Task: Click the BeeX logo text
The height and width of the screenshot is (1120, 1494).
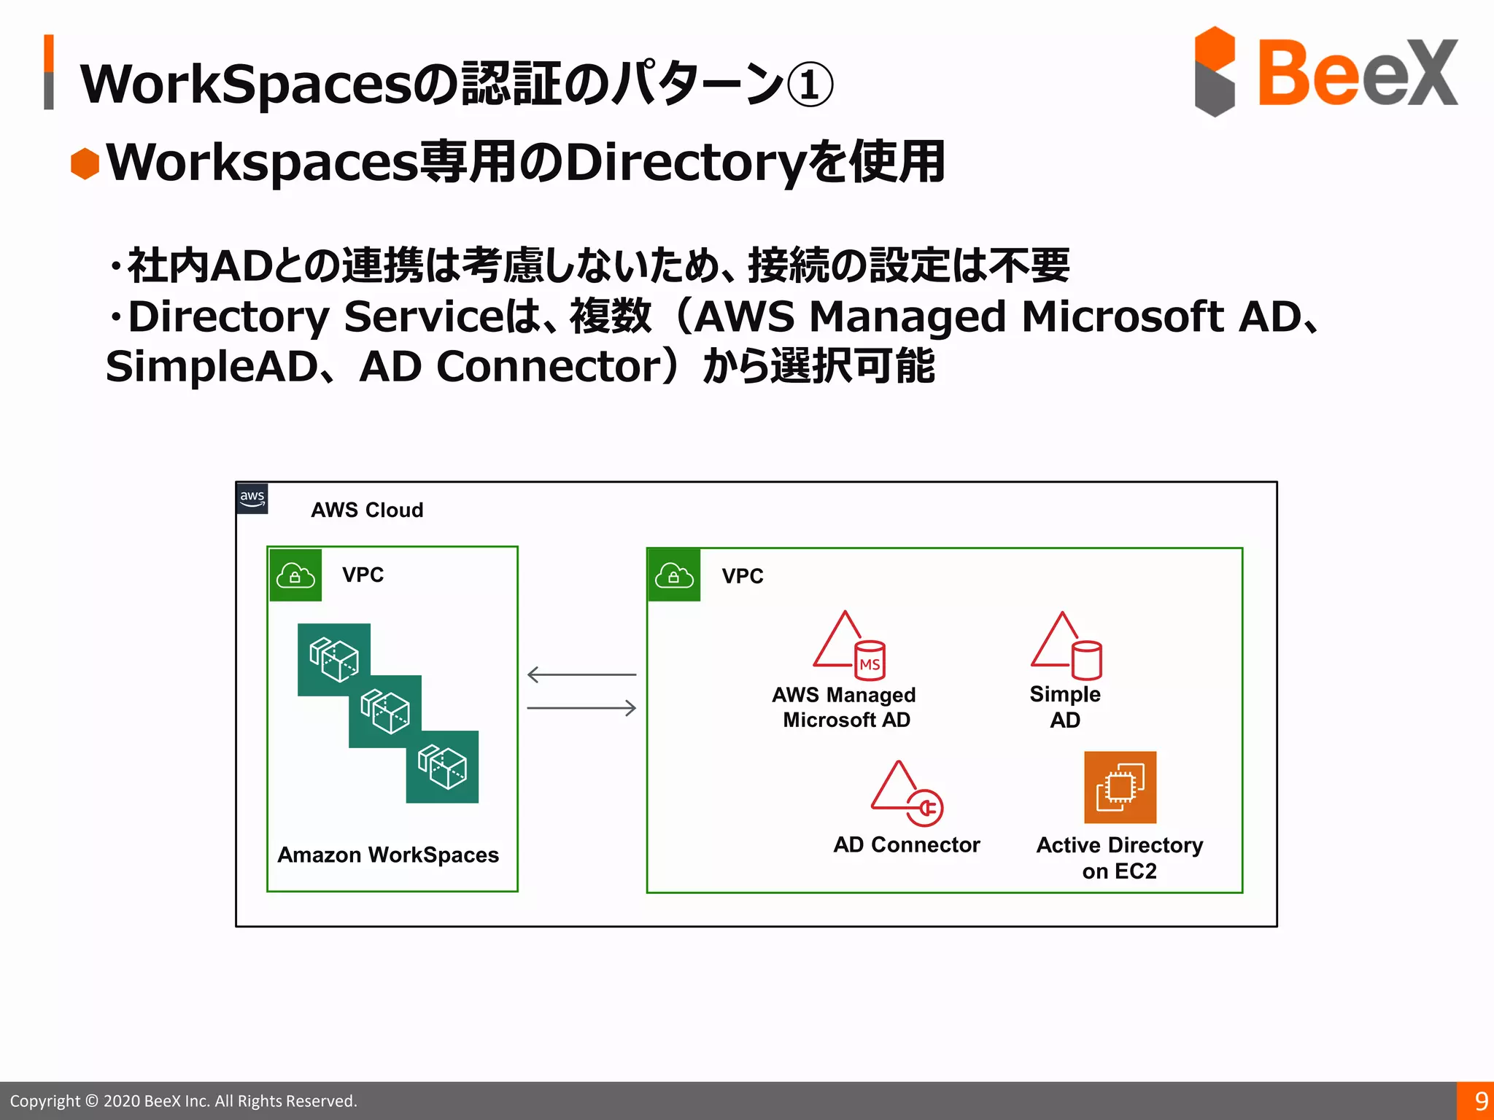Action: pyautogui.click(x=1357, y=73)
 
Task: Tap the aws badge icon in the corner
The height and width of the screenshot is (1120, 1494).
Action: pyautogui.click(x=252, y=499)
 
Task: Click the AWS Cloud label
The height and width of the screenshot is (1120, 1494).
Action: pyautogui.click(x=367, y=510)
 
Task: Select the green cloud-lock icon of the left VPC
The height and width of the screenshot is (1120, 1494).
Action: pyautogui.click(x=295, y=575)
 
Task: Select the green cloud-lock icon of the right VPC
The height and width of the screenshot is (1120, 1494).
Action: pyautogui.click(x=674, y=575)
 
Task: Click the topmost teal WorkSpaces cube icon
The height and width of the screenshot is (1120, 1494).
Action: pyautogui.click(x=334, y=659)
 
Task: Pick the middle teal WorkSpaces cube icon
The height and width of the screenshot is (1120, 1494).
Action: pyautogui.click(x=385, y=711)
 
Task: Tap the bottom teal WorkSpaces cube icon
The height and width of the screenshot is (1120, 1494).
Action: pyautogui.click(x=442, y=766)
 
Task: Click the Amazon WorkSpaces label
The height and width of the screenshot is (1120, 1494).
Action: pyautogui.click(x=388, y=855)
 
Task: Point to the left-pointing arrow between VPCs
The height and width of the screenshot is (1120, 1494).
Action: pyautogui.click(x=581, y=674)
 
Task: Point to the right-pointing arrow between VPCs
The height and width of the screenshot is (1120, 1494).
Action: pyautogui.click(x=581, y=707)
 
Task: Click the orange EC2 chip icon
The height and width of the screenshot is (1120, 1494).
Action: pyautogui.click(x=1120, y=787)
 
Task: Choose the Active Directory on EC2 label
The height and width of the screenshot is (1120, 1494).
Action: pyautogui.click(x=1120, y=857)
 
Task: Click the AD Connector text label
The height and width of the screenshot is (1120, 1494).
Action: pyautogui.click(x=907, y=844)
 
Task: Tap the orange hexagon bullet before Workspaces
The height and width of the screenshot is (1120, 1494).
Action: pyautogui.click(x=85, y=163)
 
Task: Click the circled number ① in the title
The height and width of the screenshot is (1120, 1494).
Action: pyautogui.click(x=810, y=85)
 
